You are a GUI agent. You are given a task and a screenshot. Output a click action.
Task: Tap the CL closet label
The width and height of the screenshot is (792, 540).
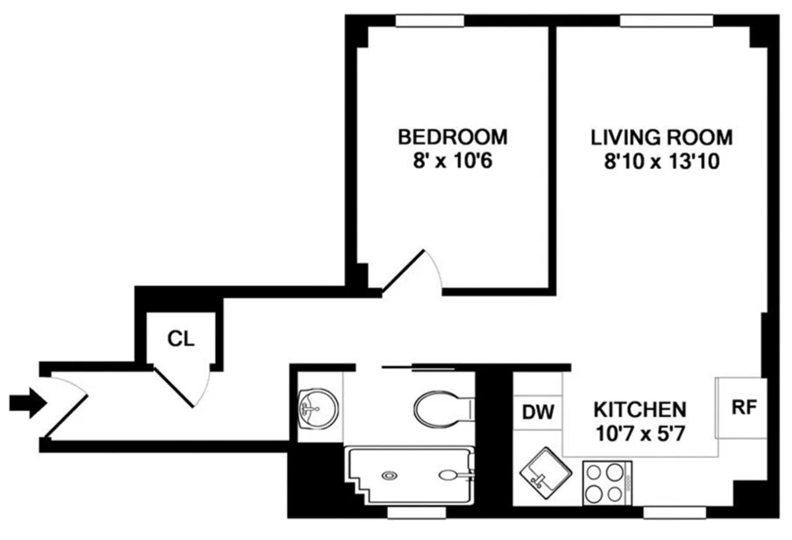tap(180, 339)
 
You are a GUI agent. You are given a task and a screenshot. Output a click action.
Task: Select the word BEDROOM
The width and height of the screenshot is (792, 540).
tap(453, 137)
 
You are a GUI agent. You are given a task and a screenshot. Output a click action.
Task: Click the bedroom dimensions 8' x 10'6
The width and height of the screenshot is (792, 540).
tap(453, 160)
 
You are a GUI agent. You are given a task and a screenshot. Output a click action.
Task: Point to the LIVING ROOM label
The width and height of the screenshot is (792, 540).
tap(661, 137)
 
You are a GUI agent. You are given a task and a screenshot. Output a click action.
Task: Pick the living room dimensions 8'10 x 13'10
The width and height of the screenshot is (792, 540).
tap(661, 160)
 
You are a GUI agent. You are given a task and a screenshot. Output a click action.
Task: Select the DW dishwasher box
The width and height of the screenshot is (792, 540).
tap(539, 412)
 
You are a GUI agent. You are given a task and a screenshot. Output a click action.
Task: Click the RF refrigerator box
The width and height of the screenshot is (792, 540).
tap(742, 407)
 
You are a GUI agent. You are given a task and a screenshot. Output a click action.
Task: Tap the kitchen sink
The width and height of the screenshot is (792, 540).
tap(544, 477)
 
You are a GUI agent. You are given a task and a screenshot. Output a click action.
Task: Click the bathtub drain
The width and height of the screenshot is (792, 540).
tap(391, 474)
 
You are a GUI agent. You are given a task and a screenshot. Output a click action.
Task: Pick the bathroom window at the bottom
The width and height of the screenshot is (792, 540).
tap(409, 512)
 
